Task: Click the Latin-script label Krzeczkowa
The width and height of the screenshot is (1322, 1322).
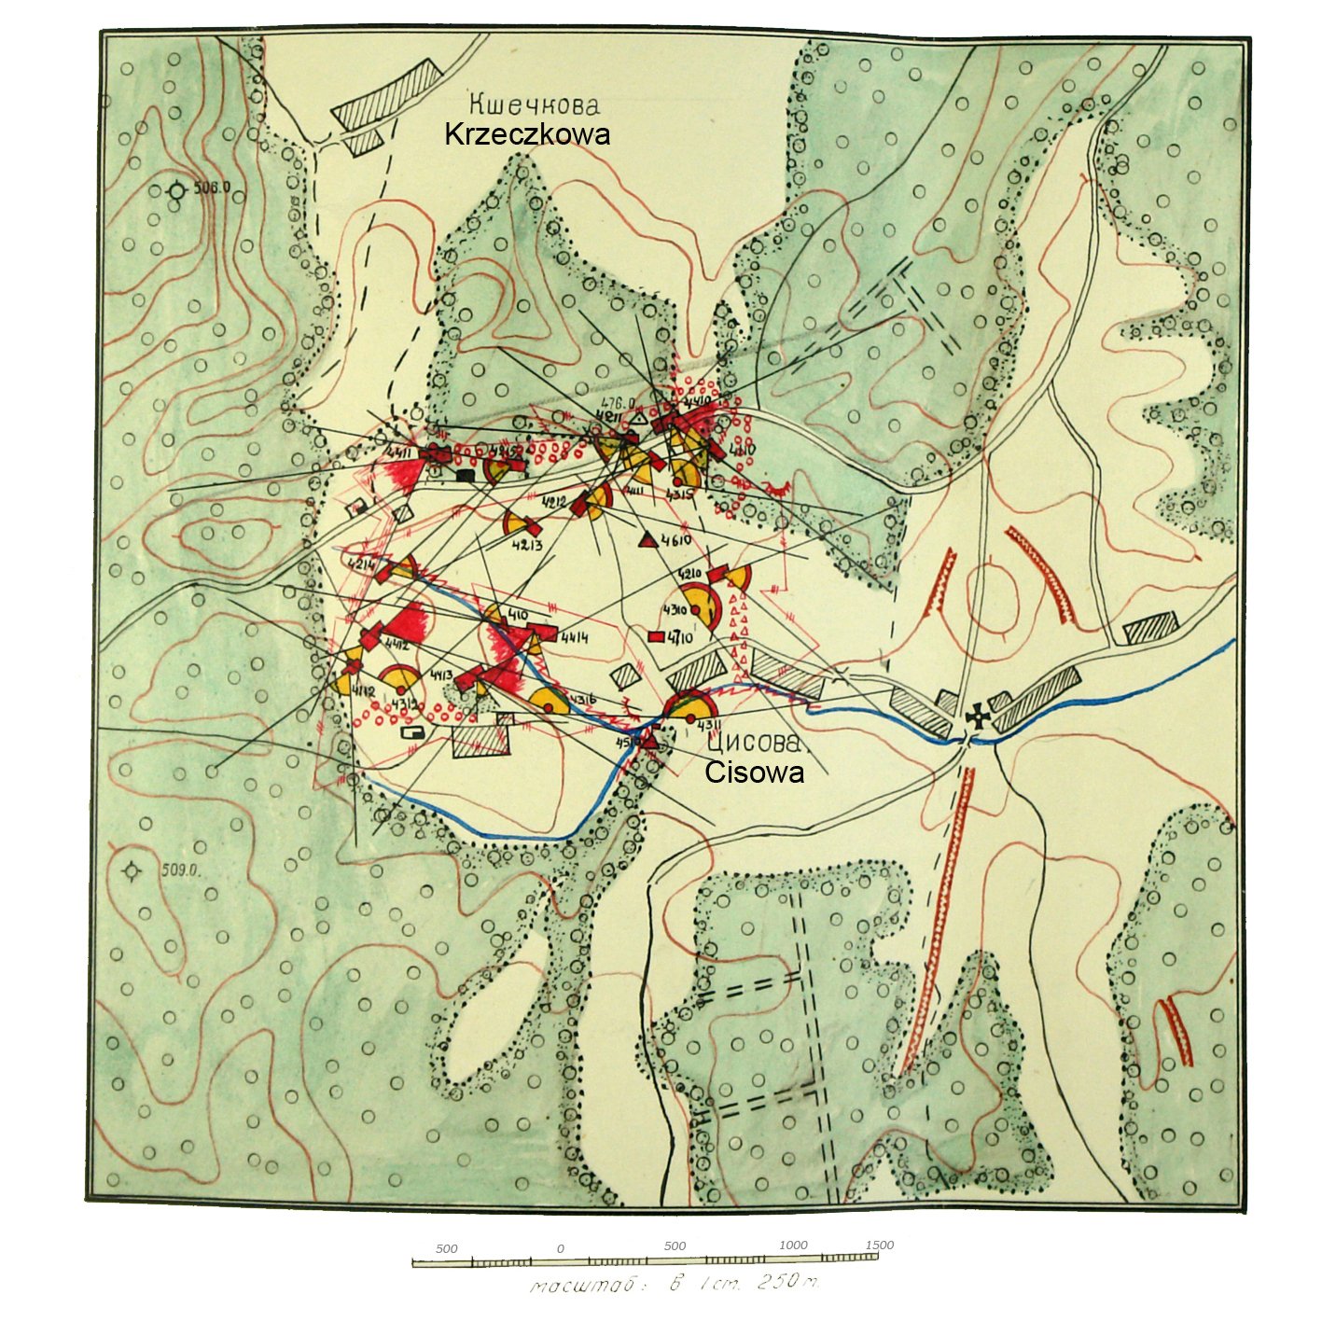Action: [x=527, y=134]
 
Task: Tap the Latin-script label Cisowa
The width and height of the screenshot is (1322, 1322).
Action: [x=754, y=772]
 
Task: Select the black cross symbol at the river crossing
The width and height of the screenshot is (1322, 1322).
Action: [x=978, y=717]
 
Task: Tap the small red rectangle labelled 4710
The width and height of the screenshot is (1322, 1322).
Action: [x=656, y=637]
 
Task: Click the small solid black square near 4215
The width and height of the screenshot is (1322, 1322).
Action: [x=464, y=475]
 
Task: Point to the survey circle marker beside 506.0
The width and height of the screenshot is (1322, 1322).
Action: [x=176, y=191]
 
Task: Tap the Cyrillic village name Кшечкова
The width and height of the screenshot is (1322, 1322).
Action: [x=533, y=104]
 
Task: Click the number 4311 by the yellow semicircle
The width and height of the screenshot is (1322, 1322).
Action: [x=709, y=725]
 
